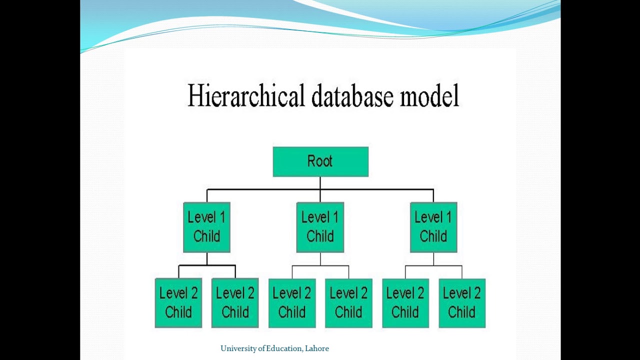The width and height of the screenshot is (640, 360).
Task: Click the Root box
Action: point(320,161)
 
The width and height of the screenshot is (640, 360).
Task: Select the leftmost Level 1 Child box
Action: point(206,227)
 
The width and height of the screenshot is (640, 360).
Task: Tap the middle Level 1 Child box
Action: point(320,227)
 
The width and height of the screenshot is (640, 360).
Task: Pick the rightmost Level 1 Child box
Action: point(433,227)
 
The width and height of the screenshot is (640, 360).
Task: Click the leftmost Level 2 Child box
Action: point(178,303)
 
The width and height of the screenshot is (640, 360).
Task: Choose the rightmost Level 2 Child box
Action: point(462,303)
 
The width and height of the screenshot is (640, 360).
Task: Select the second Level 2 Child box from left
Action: point(235,303)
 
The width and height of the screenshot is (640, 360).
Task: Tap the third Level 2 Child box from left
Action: point(292,303)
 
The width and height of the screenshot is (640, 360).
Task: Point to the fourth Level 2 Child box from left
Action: point(348,303)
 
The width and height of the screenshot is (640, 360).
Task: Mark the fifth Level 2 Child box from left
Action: point(405,303)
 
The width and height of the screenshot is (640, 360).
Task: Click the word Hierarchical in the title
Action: point(245,96)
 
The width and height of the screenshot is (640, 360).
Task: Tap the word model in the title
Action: point(429,96)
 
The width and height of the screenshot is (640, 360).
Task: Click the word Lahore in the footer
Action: point(316,348)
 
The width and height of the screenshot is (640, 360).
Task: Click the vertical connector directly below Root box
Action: point(320,183)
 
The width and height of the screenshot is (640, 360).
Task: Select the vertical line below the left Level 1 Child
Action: point(207,258)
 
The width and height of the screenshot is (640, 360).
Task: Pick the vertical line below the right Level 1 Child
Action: point(433,259)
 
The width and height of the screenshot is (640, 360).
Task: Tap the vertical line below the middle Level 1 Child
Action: point(320,259)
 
